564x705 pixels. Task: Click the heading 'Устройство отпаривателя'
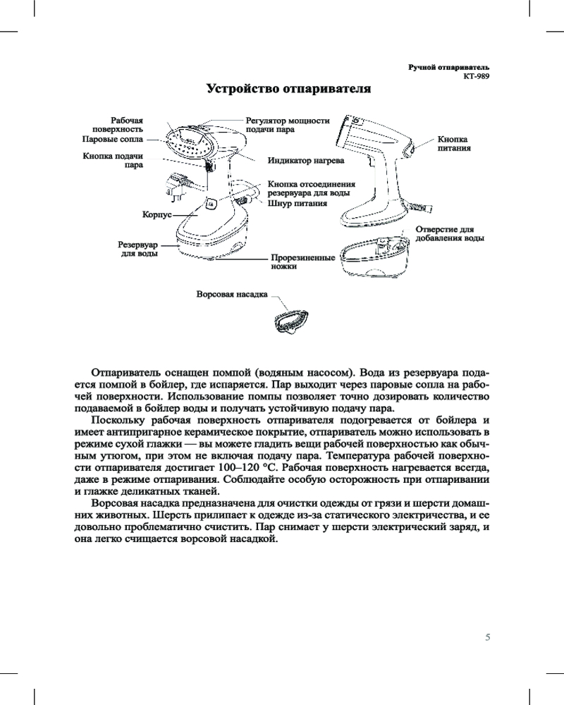[288, 90]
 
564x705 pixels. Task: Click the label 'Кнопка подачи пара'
[114, 160]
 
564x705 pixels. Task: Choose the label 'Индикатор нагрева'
[305, 161]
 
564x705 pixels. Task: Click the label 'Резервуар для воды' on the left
[137, 247]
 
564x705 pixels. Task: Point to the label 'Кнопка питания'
[453, 144]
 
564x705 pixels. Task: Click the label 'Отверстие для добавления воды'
[449, 234]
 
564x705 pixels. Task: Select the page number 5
[488, 637]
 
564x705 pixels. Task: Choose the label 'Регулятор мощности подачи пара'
[286, 125]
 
